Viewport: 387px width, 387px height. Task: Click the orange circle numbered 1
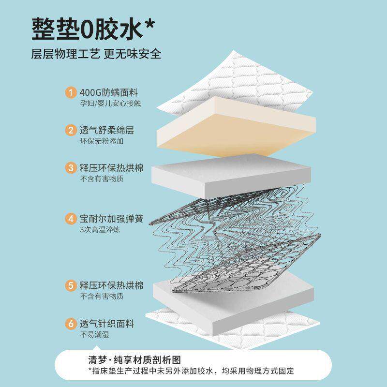tap(71, 92)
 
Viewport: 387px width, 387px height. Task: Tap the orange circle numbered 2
tap(71, 130)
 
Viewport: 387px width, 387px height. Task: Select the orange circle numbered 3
tap(71, 168)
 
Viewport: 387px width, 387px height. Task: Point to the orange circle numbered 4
tap(71, 219)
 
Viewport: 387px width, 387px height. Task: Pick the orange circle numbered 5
tap(71, 285)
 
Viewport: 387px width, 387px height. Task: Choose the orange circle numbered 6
tap(71, 323)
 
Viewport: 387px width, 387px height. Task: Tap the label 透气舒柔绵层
tap(106, 130)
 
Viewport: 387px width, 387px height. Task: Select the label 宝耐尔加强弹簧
tap(111, 219)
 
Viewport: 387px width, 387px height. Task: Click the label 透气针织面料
tap(106, 323)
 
